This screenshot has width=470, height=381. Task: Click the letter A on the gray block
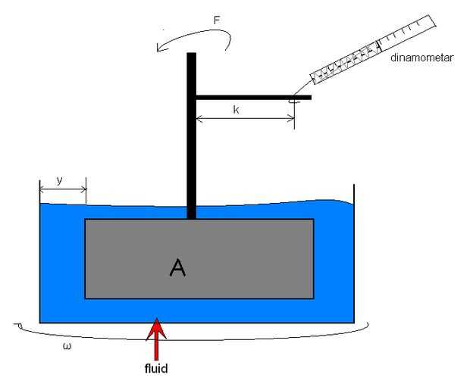click(x=177, y=267)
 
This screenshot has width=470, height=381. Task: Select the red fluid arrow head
click(x=156, y=326)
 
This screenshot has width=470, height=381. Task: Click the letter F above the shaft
click(x=217, y=20)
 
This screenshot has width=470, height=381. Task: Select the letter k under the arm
click(x=236, y=110)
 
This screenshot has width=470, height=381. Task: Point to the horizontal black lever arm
click(x=250, y=97)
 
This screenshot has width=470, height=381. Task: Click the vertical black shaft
click(x=191, y=136)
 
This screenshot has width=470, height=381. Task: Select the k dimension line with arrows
click(x=245, y=119)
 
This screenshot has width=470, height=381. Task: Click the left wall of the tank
click(x=40, y=258)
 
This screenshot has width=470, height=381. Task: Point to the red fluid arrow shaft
click(x=156, y=347)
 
